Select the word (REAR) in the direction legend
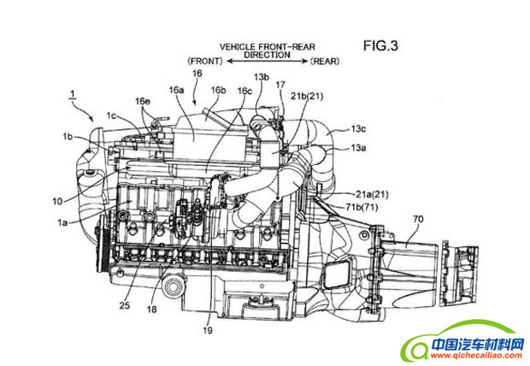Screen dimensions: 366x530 pyautogui.click(x=327, y=62)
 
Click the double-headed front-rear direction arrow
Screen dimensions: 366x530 pyautogui.click(x=266, y=62)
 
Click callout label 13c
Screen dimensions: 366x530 pyautogui.click(x=358, y=128)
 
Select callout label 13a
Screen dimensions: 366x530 pyautogui.click(x=358, y=148)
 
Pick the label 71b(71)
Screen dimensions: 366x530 pyautogui.click(x=362, y=206)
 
